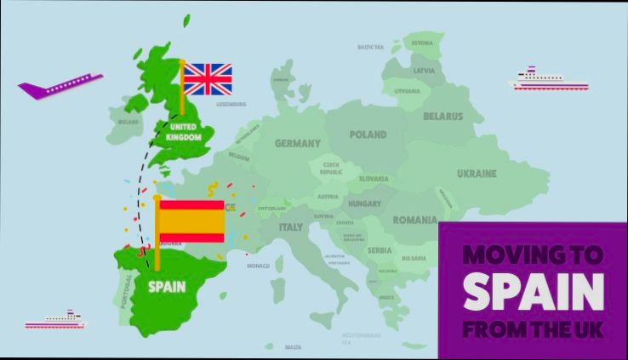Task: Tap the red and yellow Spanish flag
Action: (191, 220)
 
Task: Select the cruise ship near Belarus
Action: (549, 79)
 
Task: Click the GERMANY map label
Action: (297, 143)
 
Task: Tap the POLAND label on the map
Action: (368, 134)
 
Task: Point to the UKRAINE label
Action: (477, 174)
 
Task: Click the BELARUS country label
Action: (442, 116)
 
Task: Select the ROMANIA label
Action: (414, 220)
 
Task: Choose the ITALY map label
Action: (291, 227)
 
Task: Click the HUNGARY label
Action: (364, 204)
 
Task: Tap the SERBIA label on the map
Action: (380, 250)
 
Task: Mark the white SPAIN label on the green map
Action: (167, 287)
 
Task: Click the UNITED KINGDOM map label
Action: (184, 132)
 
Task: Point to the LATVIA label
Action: (424, 70)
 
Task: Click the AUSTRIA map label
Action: (328, 197)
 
